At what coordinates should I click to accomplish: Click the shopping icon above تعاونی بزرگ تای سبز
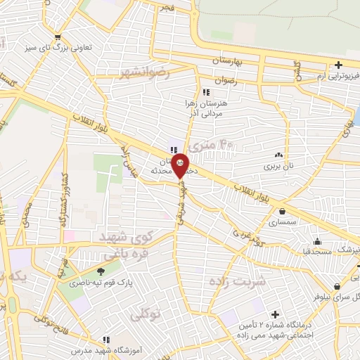(58, 37)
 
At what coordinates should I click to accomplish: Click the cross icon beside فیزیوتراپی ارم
(339, 65)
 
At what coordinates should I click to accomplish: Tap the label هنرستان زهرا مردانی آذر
(210, 108)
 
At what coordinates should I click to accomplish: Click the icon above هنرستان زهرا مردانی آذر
(205, 92)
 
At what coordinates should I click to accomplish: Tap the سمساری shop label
(283, 222)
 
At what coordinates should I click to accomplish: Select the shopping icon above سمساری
(283, 210)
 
